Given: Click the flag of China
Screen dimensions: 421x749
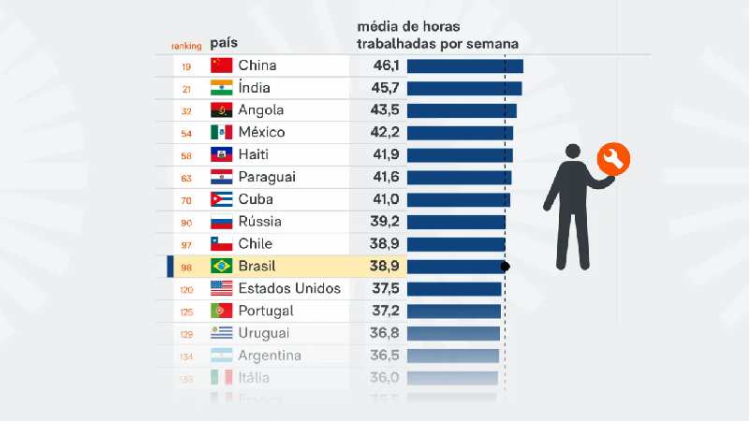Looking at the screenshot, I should [x=221, y=65].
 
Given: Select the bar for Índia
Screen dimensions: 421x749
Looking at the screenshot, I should [x=464, y=88].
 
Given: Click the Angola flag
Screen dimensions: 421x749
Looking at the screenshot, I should [x=221, y=110].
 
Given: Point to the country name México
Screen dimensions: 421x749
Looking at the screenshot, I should [x=261, y=133].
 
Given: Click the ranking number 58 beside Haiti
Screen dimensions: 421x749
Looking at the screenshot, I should [x=185, y=155].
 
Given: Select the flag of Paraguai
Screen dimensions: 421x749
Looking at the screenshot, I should [x=221, y=178].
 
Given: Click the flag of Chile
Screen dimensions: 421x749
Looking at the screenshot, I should [x=221, y=244].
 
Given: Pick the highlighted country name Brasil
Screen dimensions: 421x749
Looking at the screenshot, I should [x=258, y=267].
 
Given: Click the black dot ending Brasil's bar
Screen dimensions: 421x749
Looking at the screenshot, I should [x=506, y=267].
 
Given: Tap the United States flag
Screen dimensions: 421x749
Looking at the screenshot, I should [x=221, y=289].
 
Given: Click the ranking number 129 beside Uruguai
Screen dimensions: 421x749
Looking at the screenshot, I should [x=185, y=334].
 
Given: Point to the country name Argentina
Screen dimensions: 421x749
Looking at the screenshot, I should [x=270, y=356].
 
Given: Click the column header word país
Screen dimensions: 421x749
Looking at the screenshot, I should [x=223, y=43].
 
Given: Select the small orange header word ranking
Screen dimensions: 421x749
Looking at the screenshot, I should [x=185, y=46].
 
